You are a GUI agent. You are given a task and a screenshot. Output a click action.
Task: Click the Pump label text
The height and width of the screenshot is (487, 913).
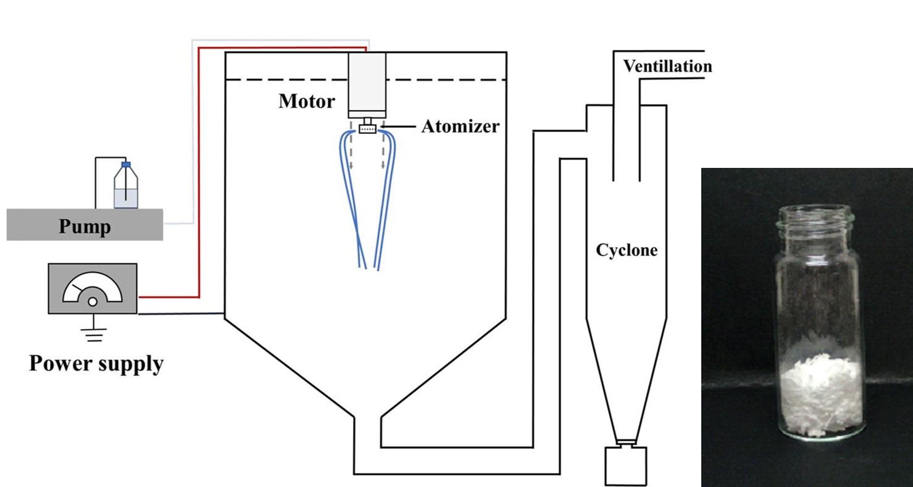(85, 227)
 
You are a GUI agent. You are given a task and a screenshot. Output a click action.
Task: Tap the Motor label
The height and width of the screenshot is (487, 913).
(307, 101)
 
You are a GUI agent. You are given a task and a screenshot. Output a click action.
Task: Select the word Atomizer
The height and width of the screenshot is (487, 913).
(460, 127)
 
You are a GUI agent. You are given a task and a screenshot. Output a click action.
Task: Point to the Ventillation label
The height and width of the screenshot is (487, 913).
(667, 66)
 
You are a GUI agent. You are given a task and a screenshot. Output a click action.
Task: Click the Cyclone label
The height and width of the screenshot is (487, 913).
(627, 251)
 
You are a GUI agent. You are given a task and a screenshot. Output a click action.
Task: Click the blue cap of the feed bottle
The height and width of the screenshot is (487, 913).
(126, 165)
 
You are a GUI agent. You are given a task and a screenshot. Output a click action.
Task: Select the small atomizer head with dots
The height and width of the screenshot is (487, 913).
(367, 129)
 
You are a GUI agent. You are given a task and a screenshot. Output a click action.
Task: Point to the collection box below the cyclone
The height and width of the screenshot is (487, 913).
(626, 465)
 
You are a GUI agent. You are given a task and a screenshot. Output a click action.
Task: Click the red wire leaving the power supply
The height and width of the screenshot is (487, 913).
(199, 185)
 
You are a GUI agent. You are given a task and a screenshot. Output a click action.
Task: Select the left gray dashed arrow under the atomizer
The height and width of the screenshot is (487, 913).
(351, 151)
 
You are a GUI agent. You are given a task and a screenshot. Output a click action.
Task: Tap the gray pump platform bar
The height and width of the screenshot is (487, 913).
(37, 224)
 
